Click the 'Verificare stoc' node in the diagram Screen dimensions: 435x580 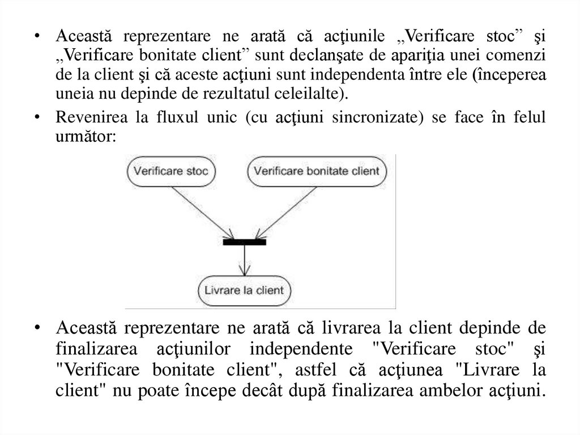pos(172,170)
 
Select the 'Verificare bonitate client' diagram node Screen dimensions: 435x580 pos(317,170)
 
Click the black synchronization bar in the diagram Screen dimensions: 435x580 pos(244,242)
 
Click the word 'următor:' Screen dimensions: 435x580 pos(87,137)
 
